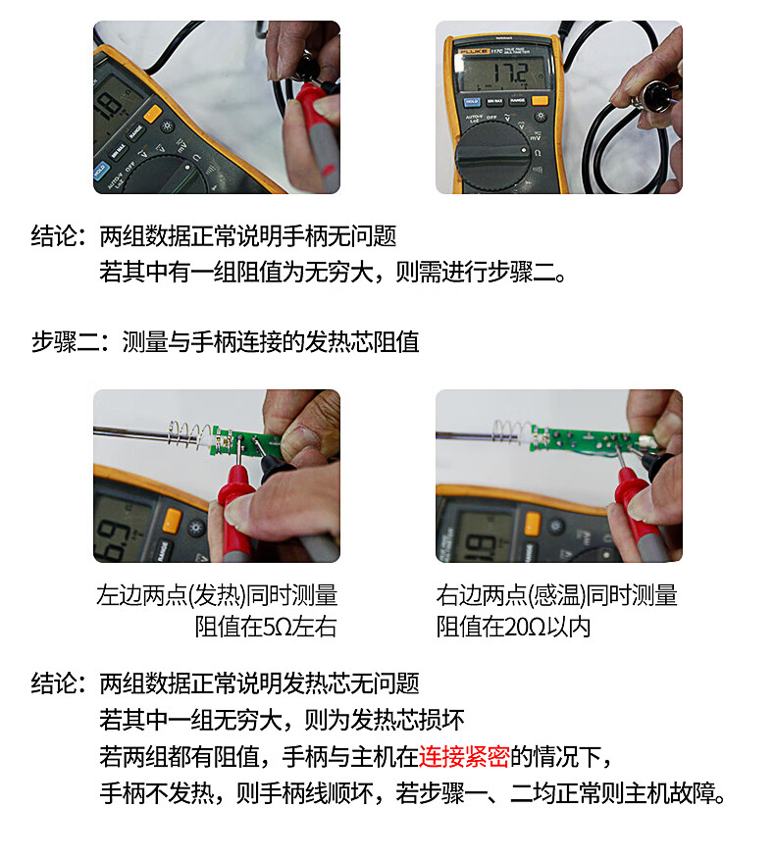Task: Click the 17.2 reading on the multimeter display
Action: pyautogui.click(x=511, y=73)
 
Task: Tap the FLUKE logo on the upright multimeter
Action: pyautogui.click(x=474, y=52)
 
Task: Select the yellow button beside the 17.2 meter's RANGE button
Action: pyautogui.click(x=540, y=101)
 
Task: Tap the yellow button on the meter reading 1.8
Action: pyautogui.click(x=152, y=114)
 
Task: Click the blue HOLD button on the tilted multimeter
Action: pyautogui.click(x=100, y=171)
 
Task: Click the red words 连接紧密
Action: pyautogui.click(x=464, y=757)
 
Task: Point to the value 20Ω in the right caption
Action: pyautogui.click(x=525, y=627)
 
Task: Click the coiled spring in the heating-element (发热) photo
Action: pyautogui.click(x=189, y=433)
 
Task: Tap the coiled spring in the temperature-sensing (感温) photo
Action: pyautogui.click(x=511, y=430)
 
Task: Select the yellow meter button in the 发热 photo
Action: pyautogui.click(x=172, y=520)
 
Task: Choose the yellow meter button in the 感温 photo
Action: pyautogui.click(x=532, y=524)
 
